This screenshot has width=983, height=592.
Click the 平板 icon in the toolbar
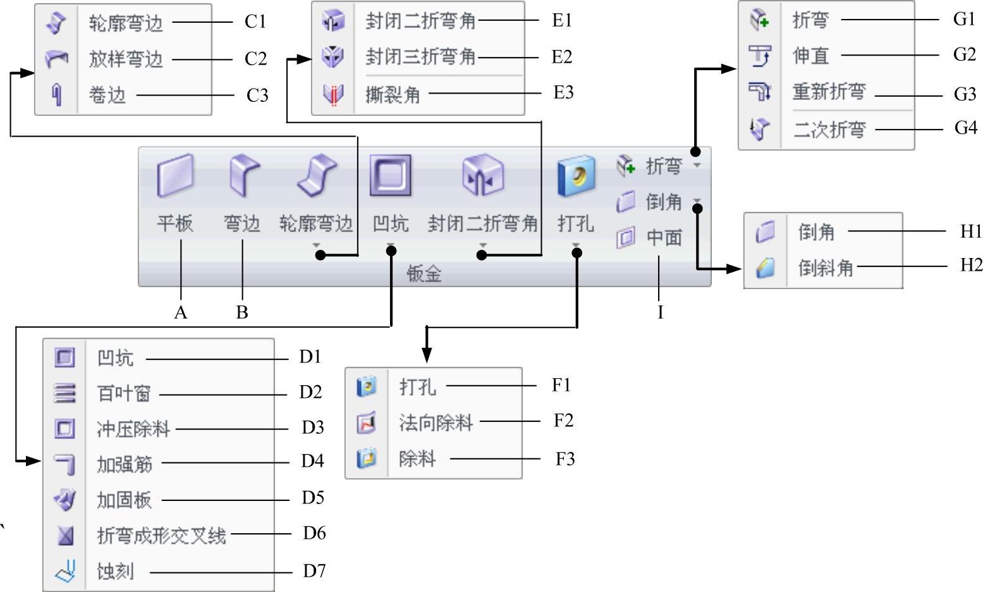(175, 175)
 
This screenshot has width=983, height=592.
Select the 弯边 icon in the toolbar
(243, 175)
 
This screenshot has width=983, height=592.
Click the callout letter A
(181, 312)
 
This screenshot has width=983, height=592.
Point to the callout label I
(660, 312)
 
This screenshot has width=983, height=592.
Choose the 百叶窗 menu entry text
(124, 393)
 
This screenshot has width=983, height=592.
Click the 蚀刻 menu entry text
(115, 572)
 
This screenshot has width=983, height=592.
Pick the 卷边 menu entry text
(107, 96)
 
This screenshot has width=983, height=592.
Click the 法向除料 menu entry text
(436, 422)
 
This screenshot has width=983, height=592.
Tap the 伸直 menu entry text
(810, 56)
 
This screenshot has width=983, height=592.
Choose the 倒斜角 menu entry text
(825, 268)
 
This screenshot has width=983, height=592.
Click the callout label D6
(314, 533)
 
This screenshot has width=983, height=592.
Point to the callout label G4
(965, 128)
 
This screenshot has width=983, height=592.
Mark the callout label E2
(561, 57)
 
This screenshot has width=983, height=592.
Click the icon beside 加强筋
(64, 464)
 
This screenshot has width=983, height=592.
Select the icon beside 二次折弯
(759, 129)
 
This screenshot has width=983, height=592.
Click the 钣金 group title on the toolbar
(424, 274)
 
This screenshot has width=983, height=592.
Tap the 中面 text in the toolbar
(664, 238)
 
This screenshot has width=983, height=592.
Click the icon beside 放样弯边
(57, 59)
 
